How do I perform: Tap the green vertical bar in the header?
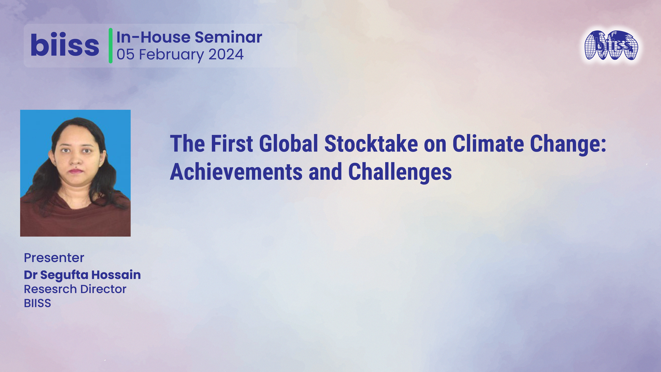(110, 45)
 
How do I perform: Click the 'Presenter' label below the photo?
(54, 258)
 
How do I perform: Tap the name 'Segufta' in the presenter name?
(65, 275)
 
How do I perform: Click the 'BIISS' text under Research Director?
(37, 303)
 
